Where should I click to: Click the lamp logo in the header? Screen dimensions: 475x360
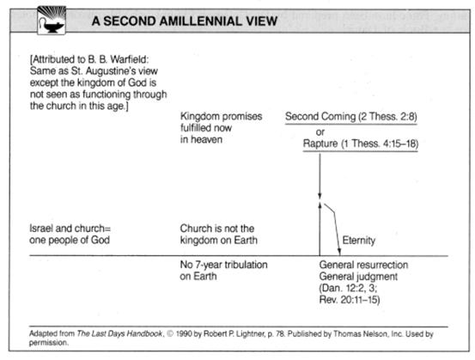52,21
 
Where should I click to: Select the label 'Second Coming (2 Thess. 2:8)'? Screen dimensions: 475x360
351,116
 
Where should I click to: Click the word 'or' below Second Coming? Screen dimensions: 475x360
320,132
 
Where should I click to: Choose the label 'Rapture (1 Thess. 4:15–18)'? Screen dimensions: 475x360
361,143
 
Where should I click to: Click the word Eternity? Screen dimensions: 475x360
359,241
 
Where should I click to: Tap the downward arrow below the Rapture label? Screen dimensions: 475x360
320,176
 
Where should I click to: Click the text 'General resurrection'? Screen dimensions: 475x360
363,265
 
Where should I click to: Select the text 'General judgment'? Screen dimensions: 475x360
358,277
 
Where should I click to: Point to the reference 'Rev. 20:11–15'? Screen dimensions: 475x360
350,300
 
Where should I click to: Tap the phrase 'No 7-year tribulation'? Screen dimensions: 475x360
223,265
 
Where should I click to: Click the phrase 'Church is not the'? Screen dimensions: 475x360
217,229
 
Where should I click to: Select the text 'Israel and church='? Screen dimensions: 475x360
70,229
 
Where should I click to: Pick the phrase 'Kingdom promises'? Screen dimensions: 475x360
221,116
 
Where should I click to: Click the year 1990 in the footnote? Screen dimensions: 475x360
184,333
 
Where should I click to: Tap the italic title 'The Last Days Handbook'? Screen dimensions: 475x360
119,333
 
